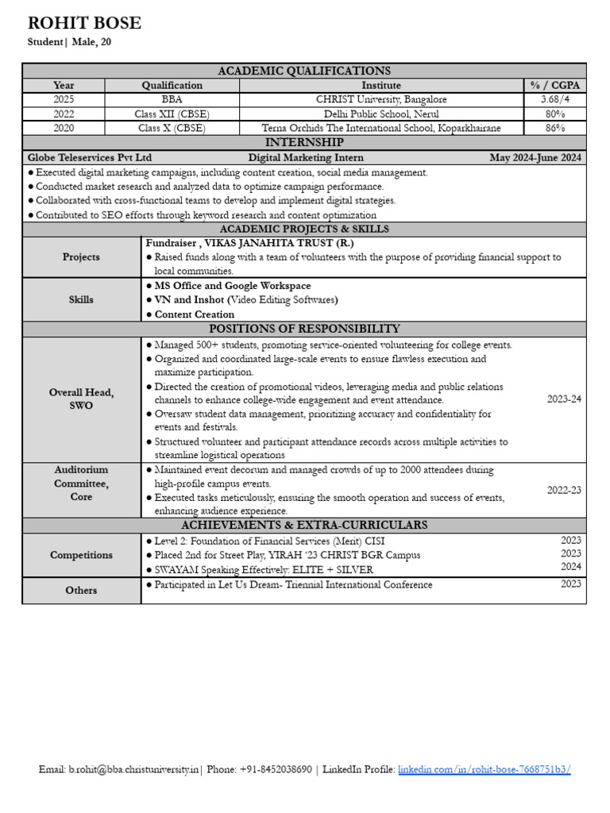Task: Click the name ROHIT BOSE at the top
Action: click(85, 23)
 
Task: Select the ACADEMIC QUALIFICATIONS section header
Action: click(304, 71)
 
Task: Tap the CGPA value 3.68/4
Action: click(554, 99)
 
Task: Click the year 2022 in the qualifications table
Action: click(64, 114)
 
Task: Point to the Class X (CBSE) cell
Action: click(172, 128)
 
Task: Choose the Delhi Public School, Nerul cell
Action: click(381, 114)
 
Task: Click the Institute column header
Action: click(381, 85)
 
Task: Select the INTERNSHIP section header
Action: click(304, 142)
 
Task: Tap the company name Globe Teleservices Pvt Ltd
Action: click(90, 157)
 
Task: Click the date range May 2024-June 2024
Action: click(535, 157)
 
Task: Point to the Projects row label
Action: click(81, 256)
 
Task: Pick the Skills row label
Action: click(81, 299)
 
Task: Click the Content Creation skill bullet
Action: click(195, 314)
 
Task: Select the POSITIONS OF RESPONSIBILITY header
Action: click(304, 329)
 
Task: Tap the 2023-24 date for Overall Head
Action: click(564, 399)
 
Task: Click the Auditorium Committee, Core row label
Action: click(81, 483)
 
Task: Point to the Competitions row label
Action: click(81, 555)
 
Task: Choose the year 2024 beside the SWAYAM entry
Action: click(571, 567)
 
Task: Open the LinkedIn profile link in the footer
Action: click(484, 769)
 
